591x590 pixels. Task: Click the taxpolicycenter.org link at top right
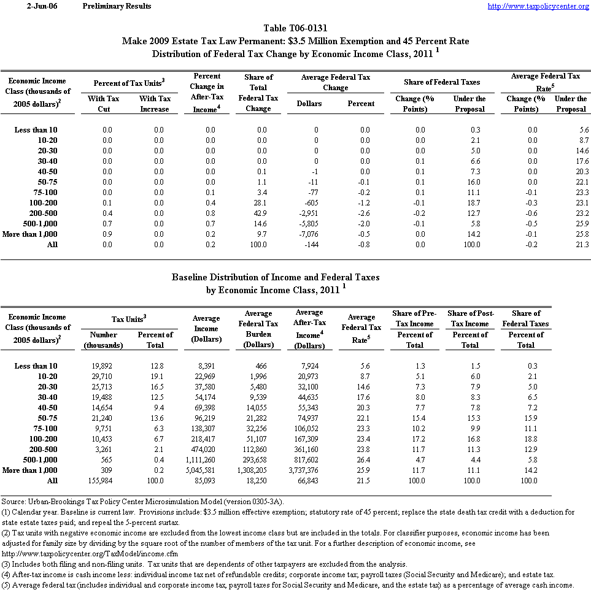pos(538,6)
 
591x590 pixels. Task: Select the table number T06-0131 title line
pos(295,28)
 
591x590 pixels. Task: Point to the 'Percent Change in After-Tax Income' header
pos(207,93)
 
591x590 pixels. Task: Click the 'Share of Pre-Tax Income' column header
pos(415,318)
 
